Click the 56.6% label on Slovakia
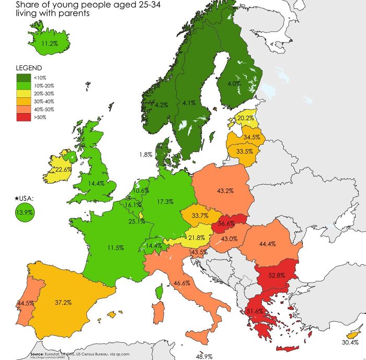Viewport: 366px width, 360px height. [x=226, y=223]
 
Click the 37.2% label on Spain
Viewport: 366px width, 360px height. [x=63, y=302]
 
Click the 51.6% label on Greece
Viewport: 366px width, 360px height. [x=255, y=311]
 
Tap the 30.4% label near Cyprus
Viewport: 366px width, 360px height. [x=350, y=342]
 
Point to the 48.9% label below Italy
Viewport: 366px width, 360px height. [x=204, y=356]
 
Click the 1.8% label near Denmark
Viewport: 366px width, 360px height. [x=146, y=154]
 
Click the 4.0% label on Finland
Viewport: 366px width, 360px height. [x=234, y=83]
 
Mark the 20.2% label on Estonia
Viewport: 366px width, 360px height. [x=245, y=118]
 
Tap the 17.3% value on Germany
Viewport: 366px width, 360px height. [x=165, y=201]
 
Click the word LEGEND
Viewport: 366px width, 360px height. [x=29, y=68]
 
